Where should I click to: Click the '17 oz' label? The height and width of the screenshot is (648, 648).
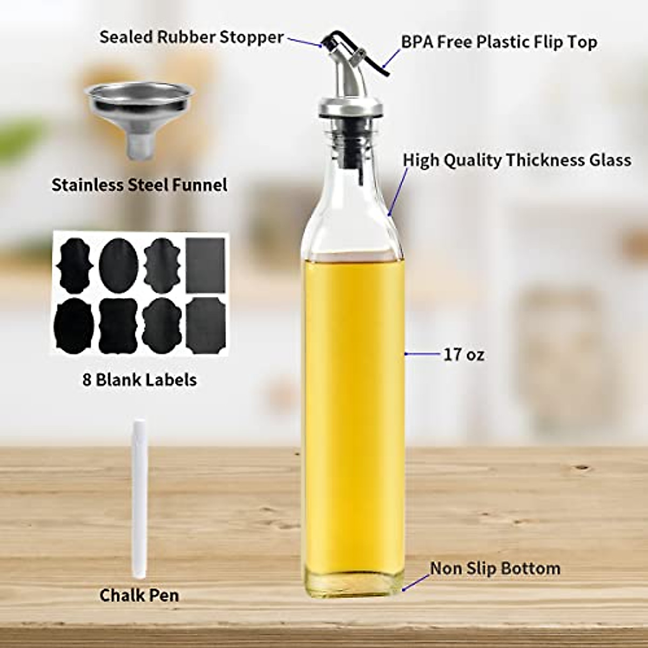(x=464, y=355)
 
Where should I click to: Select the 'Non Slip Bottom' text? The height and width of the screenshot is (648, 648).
(x=495, y=569)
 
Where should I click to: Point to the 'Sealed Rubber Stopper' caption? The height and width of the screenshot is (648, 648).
(x=192, y=37)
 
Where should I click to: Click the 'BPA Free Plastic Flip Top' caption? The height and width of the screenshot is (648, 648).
(x=499, y=42)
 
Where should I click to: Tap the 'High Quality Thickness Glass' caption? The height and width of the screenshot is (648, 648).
(x=517, y=160)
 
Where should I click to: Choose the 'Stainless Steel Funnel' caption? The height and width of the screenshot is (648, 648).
(x=139, y=185)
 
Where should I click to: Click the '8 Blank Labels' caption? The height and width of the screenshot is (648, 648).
(x=139, y=380)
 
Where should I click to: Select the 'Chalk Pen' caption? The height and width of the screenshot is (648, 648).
(x=139, y=596)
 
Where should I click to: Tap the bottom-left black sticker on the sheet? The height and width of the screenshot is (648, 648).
(x=75, y=326)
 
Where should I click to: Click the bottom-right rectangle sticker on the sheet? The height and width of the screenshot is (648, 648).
(x=205, y=326)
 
